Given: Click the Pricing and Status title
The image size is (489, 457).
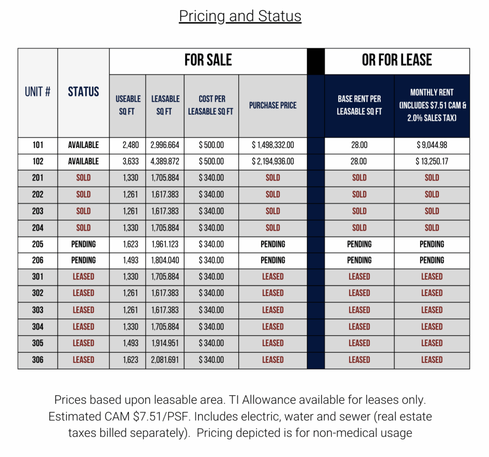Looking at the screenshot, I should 240,16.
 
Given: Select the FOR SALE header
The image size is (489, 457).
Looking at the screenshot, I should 208,60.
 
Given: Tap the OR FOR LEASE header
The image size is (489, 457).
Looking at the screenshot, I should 397,60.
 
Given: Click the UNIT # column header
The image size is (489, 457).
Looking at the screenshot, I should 38,92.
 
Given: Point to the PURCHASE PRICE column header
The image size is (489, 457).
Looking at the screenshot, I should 273,106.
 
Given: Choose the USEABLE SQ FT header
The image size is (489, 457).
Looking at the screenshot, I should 128,106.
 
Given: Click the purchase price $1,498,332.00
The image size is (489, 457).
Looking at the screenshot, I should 273,145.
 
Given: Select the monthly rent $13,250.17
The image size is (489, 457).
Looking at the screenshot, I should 432,161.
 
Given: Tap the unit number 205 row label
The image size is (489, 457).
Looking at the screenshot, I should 38,244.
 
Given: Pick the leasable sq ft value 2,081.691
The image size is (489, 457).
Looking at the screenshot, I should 165,360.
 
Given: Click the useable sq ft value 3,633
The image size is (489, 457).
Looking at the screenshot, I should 128,161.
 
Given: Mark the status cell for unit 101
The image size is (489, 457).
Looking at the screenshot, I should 84,145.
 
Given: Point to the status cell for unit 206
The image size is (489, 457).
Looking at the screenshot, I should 84,260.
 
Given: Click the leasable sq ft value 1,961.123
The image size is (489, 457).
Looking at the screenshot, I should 165,244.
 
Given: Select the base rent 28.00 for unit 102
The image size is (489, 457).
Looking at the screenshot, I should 359,161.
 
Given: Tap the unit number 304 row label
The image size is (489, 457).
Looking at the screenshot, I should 38,327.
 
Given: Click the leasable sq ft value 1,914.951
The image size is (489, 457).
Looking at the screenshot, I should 165,343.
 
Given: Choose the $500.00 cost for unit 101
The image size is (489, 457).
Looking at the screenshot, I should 211,145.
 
